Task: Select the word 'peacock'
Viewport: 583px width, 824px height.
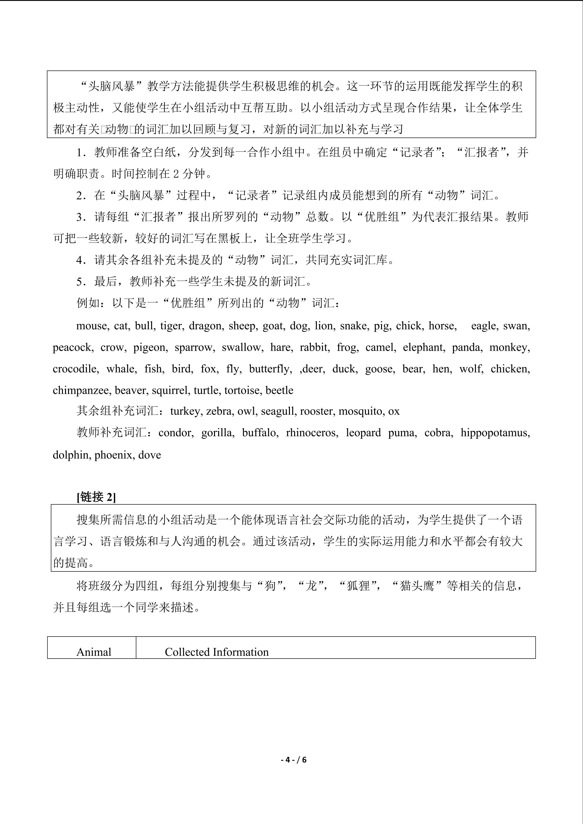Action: [x=72, y=348]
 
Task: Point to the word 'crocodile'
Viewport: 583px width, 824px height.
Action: [x=75, y=369]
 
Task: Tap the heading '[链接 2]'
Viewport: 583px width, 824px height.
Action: [x=96, y=497]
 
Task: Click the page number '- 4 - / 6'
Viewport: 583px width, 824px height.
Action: [x=291, y=760]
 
